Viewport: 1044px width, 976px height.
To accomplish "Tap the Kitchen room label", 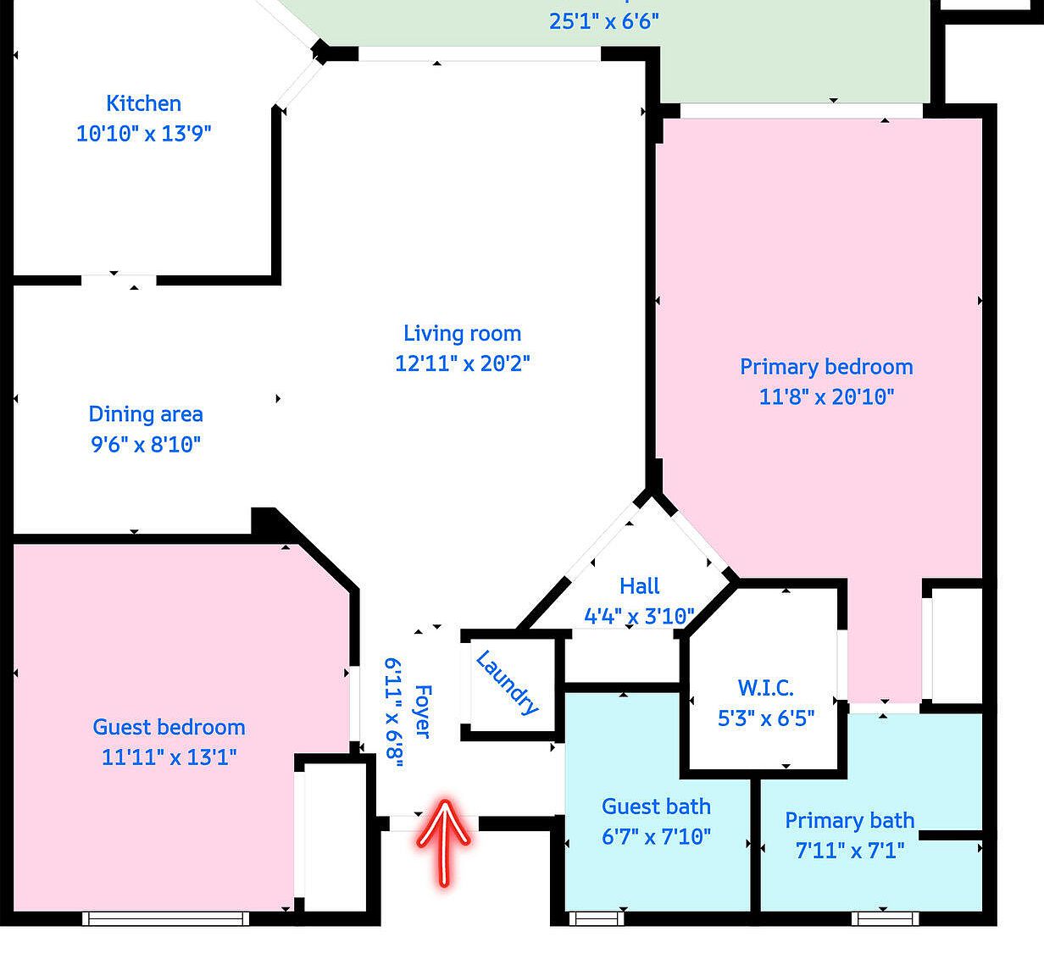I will [x=143, y=103].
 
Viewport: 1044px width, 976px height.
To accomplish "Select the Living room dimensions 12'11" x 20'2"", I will [x=463, y=363].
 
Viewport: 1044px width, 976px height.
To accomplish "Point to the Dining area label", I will [x=146, y=414].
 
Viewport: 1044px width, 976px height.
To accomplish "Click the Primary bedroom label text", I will [x=826, y=367].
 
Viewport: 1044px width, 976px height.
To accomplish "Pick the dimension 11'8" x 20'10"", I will [x=826, y=396].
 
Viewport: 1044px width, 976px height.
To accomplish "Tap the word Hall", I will [x=639, y=586].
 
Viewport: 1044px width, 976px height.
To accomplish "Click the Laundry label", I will [x=508, y=683].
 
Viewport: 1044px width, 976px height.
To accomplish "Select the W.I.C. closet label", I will [x=765, y=688].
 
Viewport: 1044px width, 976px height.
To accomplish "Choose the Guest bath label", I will [x=656, y=807].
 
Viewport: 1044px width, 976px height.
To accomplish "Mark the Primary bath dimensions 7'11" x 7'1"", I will [x=850, y=850].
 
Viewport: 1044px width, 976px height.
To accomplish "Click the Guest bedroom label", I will [x=169, y=727].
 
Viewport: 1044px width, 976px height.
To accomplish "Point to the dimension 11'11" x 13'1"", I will [x=169, y=757].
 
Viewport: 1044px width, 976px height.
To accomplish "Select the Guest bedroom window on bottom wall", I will [x=166, y=918].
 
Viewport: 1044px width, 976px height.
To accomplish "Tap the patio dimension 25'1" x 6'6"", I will [x=603, y=21].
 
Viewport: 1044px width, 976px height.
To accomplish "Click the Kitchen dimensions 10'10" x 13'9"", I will [x=143, y=133].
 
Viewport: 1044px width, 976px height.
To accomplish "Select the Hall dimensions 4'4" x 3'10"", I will [x=639, y=616].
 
